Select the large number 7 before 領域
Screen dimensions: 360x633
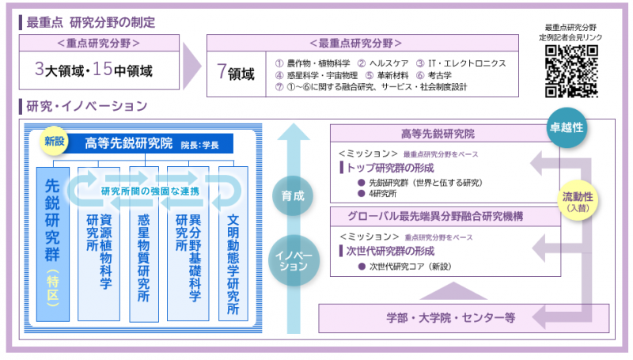pyautogui.click(x=222, y=73)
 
